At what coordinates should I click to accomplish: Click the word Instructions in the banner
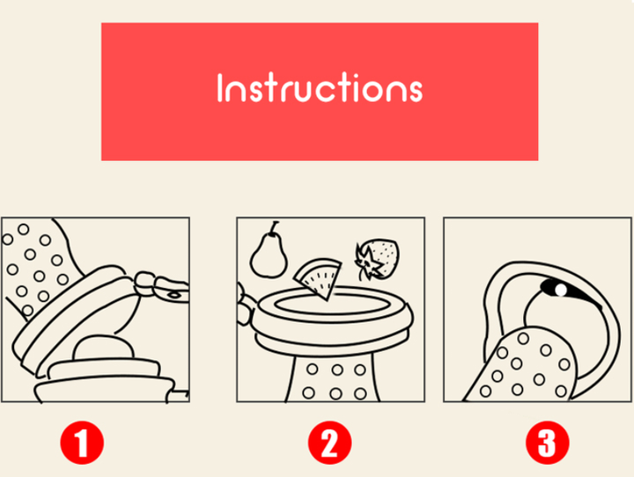tap(320, 87)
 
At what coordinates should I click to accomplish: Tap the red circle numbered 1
tap(82, 443)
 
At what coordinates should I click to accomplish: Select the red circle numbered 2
tap(329, 443)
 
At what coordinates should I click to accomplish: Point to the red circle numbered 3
tap(548, 443)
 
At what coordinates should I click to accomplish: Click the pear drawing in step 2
tap(269, 254)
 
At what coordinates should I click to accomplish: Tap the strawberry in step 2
tap(378, 259)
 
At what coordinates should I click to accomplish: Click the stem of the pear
tap(275, 227)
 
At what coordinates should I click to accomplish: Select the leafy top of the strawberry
tap(368, 262)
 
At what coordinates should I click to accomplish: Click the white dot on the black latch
tap(561, 290)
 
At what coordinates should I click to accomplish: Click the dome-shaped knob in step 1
tap(103, 348)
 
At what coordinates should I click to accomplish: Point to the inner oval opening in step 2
tap(331, 304)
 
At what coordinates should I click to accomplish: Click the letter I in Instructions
tap(220, 87)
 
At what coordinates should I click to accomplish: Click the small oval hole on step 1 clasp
tap(174, 295)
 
